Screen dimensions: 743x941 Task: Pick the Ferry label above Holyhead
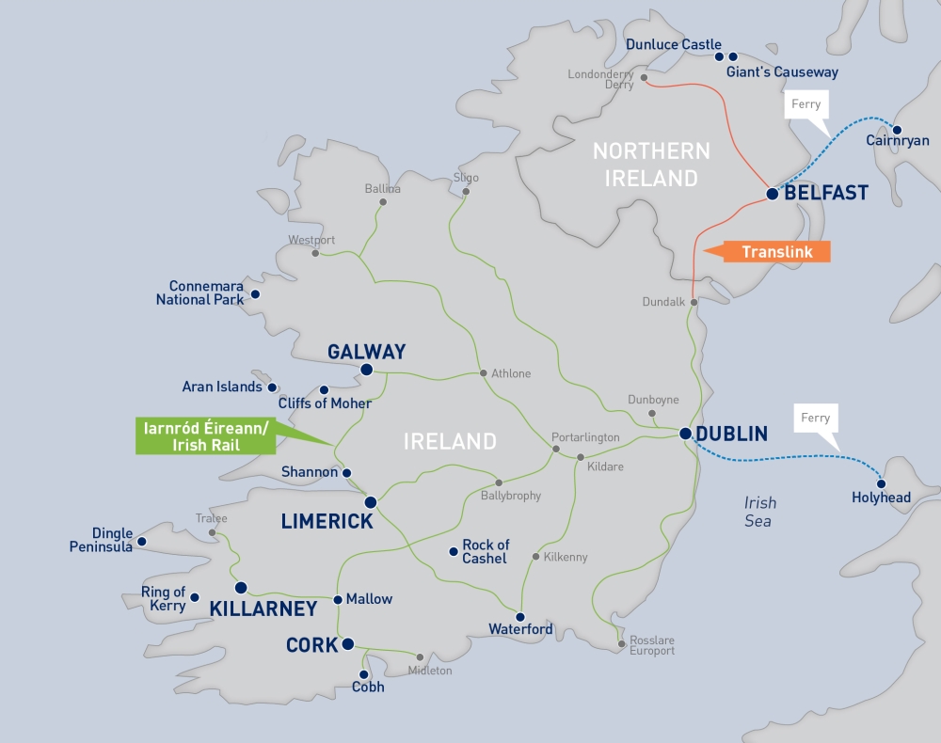(815, 418)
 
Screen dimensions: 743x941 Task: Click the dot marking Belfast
(772, 194)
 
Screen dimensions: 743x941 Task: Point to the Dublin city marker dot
(685, 434)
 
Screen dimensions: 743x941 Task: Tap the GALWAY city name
(366, 352)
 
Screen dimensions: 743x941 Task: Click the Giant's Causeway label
(782, 71)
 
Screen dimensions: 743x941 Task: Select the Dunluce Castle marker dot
(719, 56)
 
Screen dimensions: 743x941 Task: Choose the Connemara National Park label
(206, 292)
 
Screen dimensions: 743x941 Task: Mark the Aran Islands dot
(272, 387)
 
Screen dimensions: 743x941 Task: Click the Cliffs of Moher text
(325, 403)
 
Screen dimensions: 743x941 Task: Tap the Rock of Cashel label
(485, 551)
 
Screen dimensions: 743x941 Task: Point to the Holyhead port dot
(882, 483)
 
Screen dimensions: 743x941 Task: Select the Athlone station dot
(484, 373)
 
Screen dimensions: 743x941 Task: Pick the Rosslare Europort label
(651, 645)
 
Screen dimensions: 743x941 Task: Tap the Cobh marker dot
(366, 673)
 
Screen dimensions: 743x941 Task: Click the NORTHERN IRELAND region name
(651, 164)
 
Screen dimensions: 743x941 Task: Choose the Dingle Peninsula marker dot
(141, 541)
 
